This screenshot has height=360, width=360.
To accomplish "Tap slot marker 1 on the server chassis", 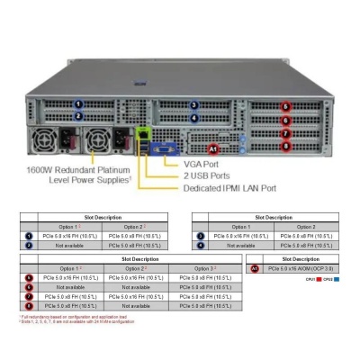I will [x=79, y=104].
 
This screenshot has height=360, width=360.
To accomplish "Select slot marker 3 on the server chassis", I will [x=193, y=104].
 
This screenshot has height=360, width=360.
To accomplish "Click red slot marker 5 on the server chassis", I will [x=286, y=107].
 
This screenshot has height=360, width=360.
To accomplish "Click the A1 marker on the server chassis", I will [x=213, y=146].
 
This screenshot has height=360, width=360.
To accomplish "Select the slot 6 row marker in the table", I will [x=28, y=287].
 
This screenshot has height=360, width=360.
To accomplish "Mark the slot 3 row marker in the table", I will [x=201, y=235].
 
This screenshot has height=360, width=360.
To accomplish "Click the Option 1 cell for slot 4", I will [x=240, y=244].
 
